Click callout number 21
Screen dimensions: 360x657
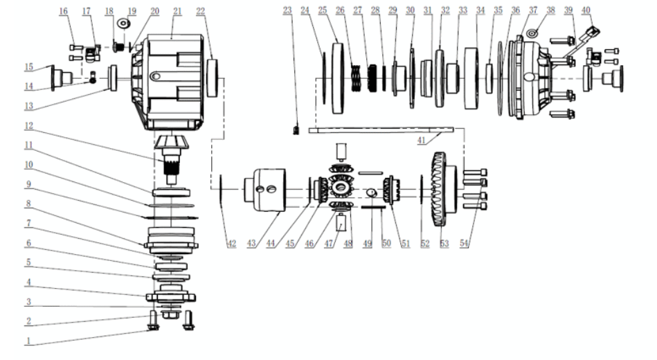(158, 12)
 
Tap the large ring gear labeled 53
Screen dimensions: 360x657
(439, 188)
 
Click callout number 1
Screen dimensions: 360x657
(29, 341)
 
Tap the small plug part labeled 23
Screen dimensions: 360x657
(295, 129)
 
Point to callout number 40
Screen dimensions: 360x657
(586, 10)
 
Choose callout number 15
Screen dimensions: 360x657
(28, 67)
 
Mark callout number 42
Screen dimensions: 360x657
(231, 244)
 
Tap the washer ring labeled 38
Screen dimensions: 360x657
(532, 33)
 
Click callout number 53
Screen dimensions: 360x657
(444, 244)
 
